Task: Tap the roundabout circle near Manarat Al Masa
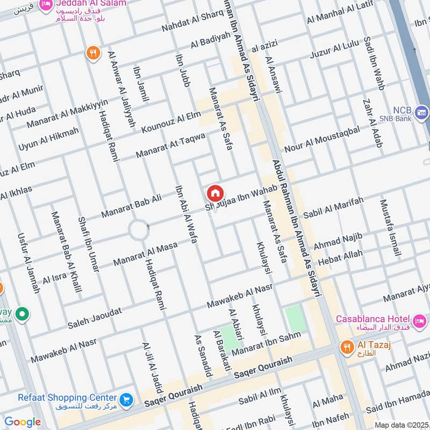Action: click(x=138, y=231)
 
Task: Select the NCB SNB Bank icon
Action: click(x=422, y=113)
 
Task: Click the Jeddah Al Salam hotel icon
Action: click(x=47, y=4)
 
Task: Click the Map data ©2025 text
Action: click(x=400, y=425)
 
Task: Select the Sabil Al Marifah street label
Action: click(x=333, y=207)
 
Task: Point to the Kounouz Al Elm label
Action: click(x=171, y=123)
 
